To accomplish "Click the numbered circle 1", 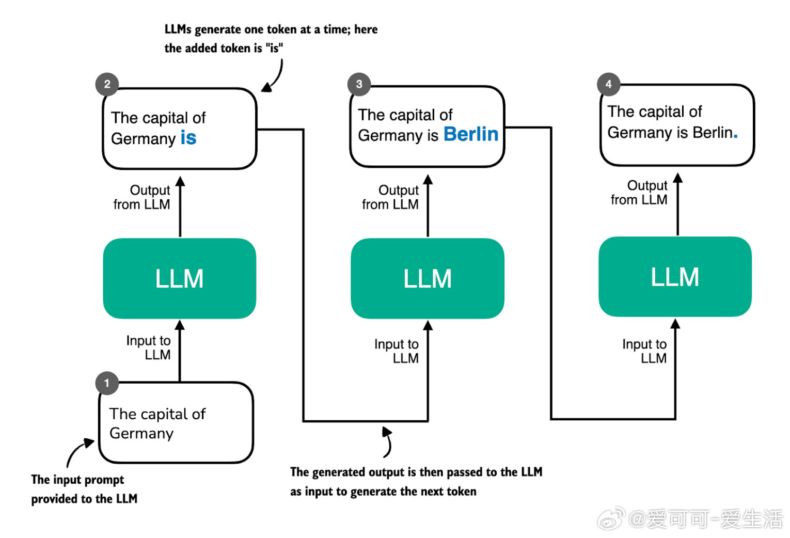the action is click(x=107, y=383).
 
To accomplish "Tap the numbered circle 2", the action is click(x=107, y=84).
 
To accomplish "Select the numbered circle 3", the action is click(x=359, y=84).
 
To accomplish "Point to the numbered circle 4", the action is click(x=608, y=84).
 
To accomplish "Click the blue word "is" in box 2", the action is click(x=188, y=137).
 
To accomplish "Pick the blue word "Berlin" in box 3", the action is click(x=471, y=134).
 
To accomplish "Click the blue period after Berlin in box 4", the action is click(x=735, y=136).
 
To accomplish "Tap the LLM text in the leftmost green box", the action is click(x=180, y=278).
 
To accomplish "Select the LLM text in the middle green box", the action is click(x=428, y=278).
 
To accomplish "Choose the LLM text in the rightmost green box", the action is click(x=675, y=277).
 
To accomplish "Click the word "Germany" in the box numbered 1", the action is click(x=141, y=434).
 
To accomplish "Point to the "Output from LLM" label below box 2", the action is click(x=142, y=197).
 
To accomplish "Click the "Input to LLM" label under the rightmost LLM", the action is click(x=644, y=351).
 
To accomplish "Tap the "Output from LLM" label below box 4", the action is click(x=639, y=193).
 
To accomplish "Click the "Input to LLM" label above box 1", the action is click(x=149, y=347).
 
